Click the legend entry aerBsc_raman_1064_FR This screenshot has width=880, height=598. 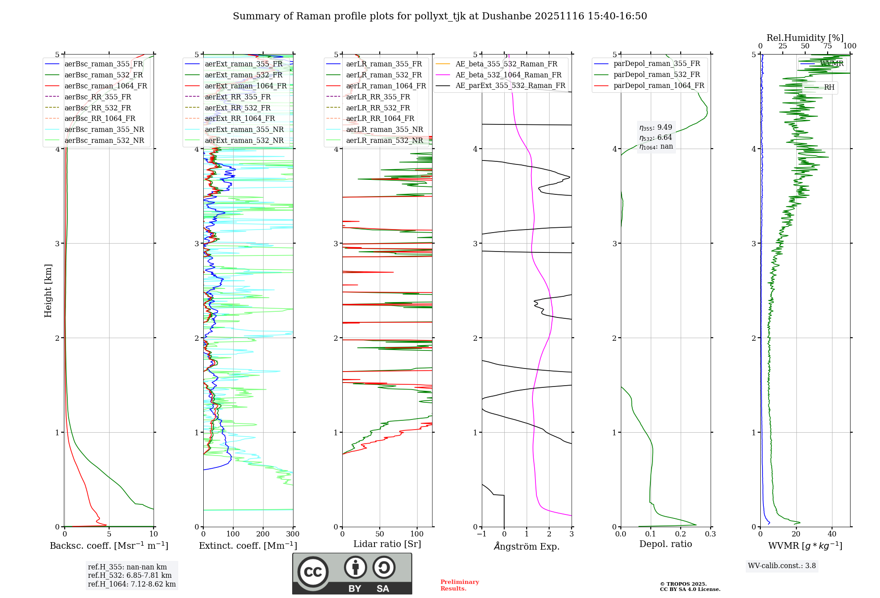pos(106,86)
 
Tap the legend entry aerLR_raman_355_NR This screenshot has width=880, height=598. pos(384,129)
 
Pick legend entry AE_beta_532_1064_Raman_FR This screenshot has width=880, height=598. pos(508,75)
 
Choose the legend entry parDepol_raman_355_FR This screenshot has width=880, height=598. pos(656,63)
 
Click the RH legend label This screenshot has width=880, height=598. pos(829,88)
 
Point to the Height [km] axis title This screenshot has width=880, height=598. pos(48,291)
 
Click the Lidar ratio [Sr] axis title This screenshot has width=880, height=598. pos(387,544)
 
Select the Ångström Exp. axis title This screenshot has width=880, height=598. pos(527,546)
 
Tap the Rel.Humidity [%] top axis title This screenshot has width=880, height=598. pos(805,38)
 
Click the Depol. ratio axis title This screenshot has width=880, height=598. pos(665,544)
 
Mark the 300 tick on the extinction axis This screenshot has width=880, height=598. pos(293,534)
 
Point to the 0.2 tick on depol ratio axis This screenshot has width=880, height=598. pos(681,534)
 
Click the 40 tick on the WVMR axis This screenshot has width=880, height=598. pos(832,534)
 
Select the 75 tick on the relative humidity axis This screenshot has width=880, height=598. pos(828,46)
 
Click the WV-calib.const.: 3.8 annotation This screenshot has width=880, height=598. pos(782,566)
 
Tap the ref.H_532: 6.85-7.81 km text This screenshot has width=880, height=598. pos(130,576)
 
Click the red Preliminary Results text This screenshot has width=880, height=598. pos(459,585)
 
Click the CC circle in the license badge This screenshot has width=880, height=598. pos(313,572)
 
